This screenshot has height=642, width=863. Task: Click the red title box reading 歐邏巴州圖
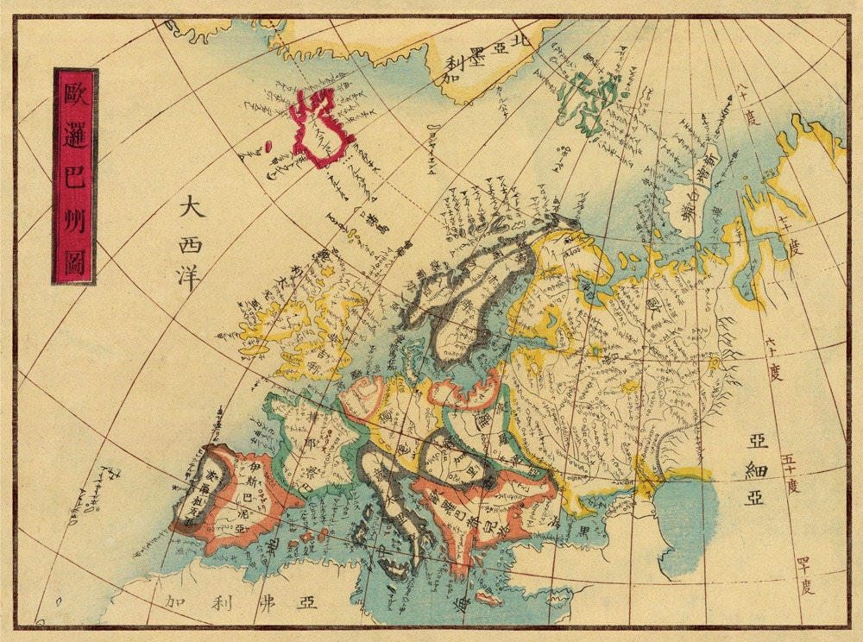75,176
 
